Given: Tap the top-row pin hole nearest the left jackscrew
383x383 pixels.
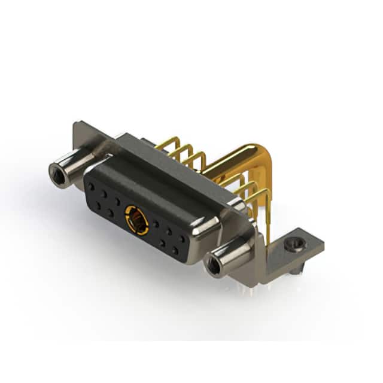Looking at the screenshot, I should tap(91, 186).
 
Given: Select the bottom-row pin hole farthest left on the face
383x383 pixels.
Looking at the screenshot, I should tap(97, 205).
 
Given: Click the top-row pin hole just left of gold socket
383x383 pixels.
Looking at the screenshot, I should tap(117, 201).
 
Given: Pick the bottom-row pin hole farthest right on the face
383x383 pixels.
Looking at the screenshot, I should tap(175, 251).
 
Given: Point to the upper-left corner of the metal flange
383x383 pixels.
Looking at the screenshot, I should tap(77, 126).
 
